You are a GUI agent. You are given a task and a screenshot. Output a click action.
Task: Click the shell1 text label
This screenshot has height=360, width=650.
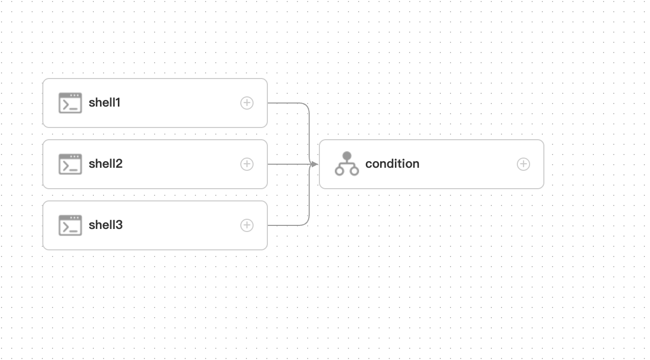pos(105,102)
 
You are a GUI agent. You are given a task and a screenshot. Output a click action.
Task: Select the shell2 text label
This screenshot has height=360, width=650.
pos(106,164)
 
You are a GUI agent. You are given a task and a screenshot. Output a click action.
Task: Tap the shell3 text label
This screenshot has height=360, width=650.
pos(106,225)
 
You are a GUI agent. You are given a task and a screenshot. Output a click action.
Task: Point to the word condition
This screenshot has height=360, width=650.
pos(392,164)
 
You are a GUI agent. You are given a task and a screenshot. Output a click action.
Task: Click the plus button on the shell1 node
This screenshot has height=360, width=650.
pos(247,103)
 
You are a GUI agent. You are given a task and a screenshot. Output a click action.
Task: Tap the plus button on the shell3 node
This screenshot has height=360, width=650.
pos(247,225)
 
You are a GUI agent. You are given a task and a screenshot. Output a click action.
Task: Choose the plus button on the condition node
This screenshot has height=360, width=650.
pos(523,164)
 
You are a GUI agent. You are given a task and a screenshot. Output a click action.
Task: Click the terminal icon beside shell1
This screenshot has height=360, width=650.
pos(70,103)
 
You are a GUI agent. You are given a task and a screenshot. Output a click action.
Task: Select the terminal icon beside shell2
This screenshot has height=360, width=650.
pos(70,164)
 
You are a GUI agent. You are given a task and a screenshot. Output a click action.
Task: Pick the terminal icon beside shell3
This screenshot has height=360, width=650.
pos(70,225)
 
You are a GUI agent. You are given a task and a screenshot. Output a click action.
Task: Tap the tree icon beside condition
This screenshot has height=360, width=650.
pos(347,164)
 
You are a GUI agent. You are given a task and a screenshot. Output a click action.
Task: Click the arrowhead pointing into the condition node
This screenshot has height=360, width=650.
pos(314,164)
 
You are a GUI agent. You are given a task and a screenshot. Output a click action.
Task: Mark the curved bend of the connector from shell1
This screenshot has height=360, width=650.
pos(307,106)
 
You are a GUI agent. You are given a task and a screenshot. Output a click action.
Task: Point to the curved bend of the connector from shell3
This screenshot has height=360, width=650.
pos(307,222)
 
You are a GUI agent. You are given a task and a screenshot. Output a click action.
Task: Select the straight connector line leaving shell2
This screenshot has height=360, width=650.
pos(286,164)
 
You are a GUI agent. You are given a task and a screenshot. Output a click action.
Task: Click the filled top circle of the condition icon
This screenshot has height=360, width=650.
pos(347,156)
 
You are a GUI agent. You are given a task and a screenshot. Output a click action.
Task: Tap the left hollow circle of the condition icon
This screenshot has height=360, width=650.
pos(339,171)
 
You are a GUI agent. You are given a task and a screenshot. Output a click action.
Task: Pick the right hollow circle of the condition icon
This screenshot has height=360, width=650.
pos(355,171)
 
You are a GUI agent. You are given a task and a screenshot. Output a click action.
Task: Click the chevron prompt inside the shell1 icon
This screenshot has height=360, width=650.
pos(66,105)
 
